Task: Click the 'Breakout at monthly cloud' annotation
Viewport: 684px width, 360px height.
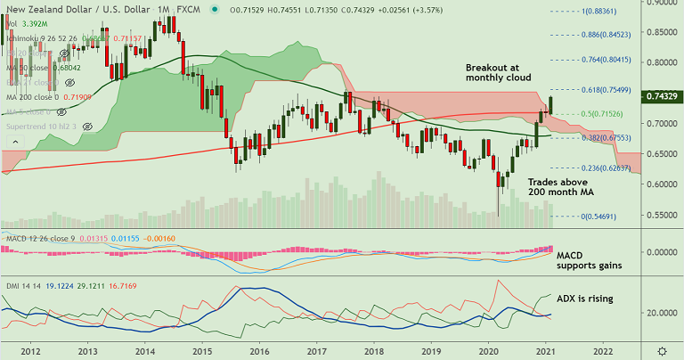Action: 499,73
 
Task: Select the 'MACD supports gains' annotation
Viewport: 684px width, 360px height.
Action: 588,260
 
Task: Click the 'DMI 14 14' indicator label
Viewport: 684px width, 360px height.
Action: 21,285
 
